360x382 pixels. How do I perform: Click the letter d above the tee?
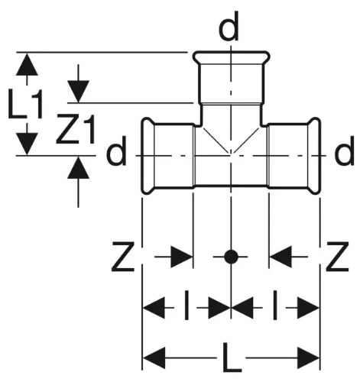(229, 27)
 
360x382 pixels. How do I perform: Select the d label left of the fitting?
(116, 151)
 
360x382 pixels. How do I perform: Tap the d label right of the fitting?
(344, 151)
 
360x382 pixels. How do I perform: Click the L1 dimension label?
(25, 104)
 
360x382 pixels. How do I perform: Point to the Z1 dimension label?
(76, 129)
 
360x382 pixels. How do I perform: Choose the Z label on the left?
(123, 257)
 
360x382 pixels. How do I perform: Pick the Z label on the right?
(338, 257)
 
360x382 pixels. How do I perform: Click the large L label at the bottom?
(232, 358)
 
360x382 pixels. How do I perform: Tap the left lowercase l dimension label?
(186, 305)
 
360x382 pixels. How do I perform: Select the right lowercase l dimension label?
(274, 305)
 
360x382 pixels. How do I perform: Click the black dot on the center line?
(231, 257)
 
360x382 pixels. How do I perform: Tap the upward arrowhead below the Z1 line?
(78, 167)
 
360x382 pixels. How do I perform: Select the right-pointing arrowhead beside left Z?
(182, 257)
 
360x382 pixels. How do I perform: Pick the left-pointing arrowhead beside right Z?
(281, 257)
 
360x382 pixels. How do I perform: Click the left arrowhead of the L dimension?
(154, 358)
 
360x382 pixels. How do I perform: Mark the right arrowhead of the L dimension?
(308, 358)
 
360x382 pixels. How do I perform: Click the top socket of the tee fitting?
(231, 78)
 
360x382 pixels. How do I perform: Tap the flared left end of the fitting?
(148, 156)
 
